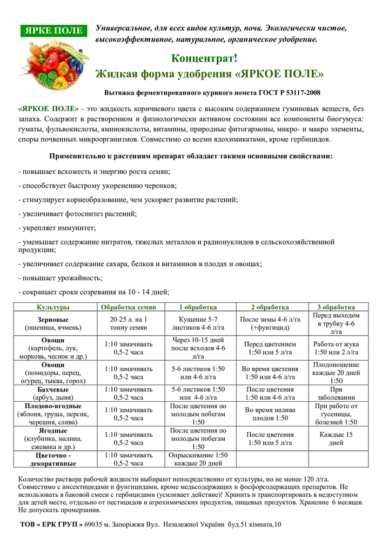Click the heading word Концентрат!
click(x=204, y=59)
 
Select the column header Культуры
click(x=52, y=307)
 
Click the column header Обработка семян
click(x=129, y=307)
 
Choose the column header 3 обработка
click(x=336, y=307)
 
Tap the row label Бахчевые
click(x=52, y=389)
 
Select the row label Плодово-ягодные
click(x=52, y=406)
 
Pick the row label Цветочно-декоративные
click(x=52, y=459)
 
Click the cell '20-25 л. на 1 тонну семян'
click(x=129, y=323)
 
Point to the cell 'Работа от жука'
click(x=336, y=348)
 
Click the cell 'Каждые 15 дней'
click(x=336, y=438)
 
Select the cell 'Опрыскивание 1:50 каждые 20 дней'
click(x=198, y=459)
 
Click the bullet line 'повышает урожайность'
click(x=60, y=278)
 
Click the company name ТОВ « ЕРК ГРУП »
click(x=51, y=524)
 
